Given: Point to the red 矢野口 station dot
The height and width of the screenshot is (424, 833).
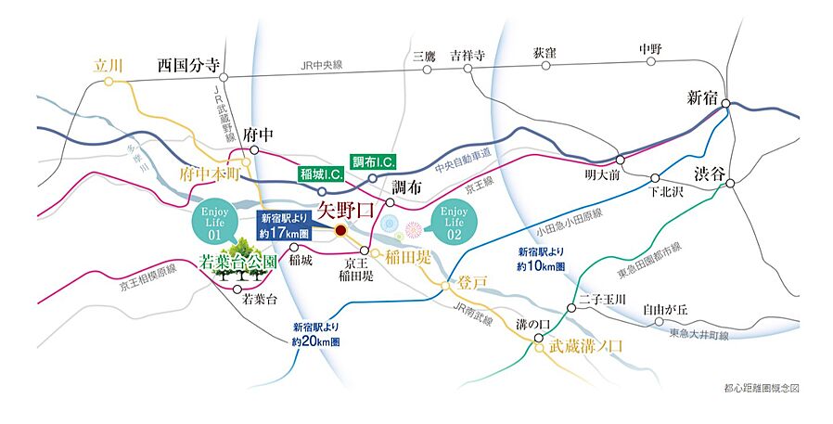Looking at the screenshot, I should pyautogui.click(x=340, y=230).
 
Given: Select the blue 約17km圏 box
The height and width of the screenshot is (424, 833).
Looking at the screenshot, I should pyautogui.click(x=288, y=225).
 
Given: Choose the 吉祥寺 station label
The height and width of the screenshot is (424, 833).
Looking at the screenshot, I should pyautogui.click(x=468, y=55).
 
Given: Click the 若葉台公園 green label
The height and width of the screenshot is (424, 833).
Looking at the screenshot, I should pyautogui.click(x=239, y=263).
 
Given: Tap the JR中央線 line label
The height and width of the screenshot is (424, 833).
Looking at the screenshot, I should pyautogui.click(x=322, y=65).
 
